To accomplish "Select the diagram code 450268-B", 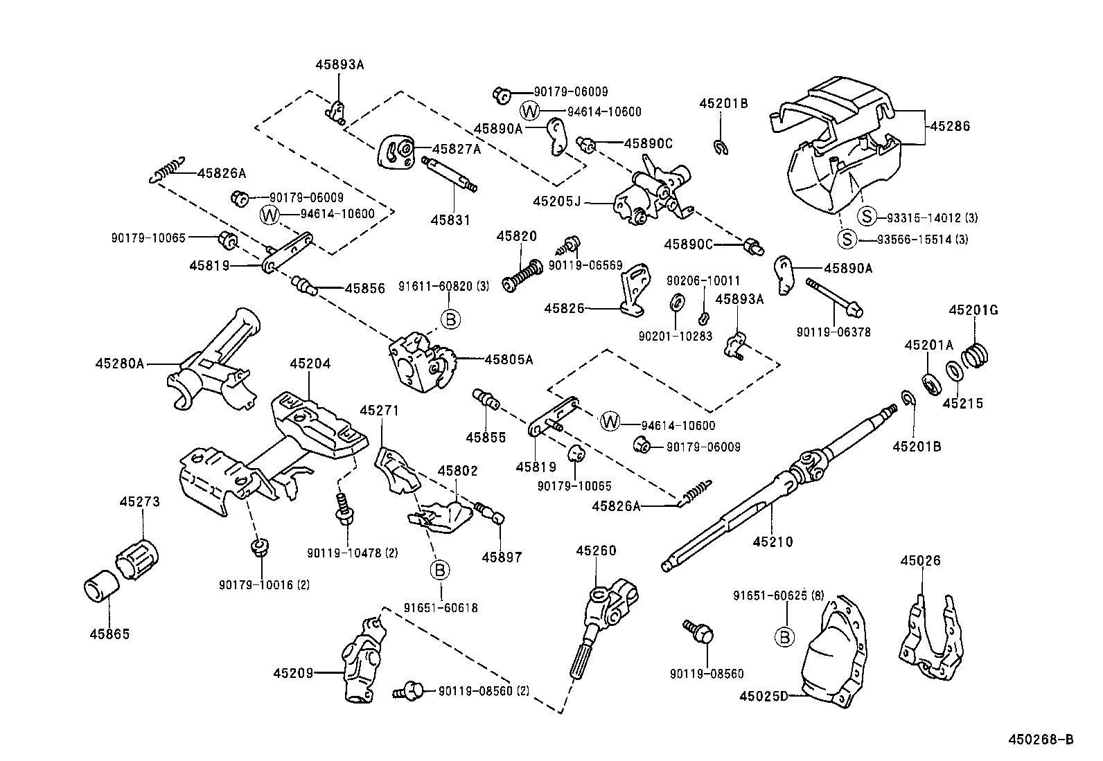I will [1040, 740].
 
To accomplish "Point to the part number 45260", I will [596, 550].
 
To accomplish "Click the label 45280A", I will [119, 363].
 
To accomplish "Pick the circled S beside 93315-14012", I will [867, 217].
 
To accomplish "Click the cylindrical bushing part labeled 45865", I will [102, 588].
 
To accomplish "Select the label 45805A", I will [509, 359].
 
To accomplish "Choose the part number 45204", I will [310, 364].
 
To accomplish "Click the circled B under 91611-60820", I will [450, 319].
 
